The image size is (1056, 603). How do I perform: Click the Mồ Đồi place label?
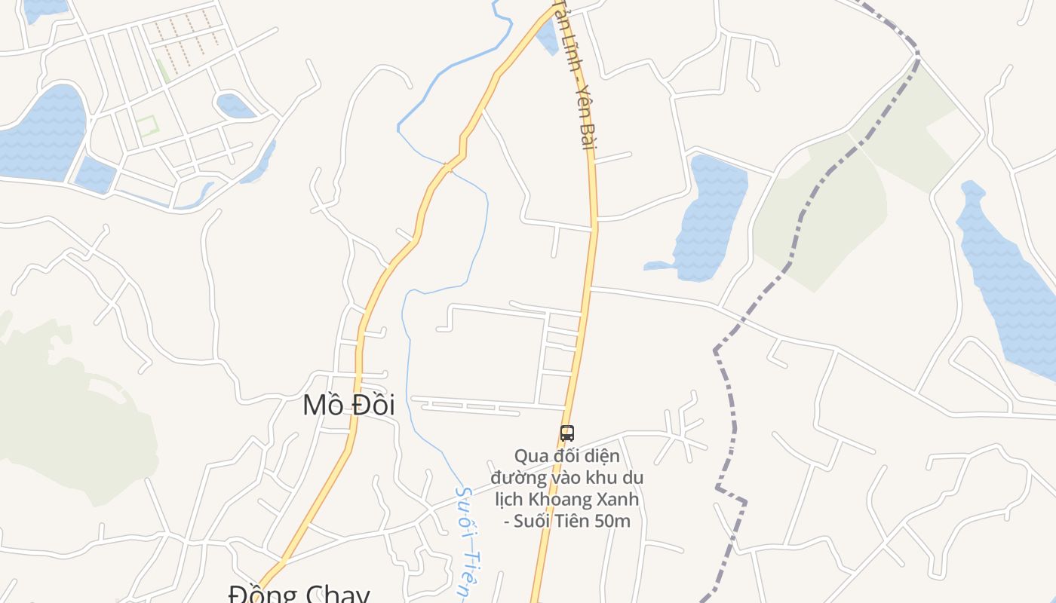pos(348,406)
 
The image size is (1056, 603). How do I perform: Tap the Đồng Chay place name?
pos(299,594)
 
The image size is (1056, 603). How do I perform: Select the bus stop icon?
pos(567,433)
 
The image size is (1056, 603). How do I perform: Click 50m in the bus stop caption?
pos(612,520)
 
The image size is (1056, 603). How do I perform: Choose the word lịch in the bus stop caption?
pos(509,499)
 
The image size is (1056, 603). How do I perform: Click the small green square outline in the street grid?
pos(146,126)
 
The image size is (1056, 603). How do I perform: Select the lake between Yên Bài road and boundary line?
pos(709,219)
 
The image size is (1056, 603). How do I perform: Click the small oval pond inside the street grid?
pos(235,106)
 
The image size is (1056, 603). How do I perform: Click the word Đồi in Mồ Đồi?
pos(372,406)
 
